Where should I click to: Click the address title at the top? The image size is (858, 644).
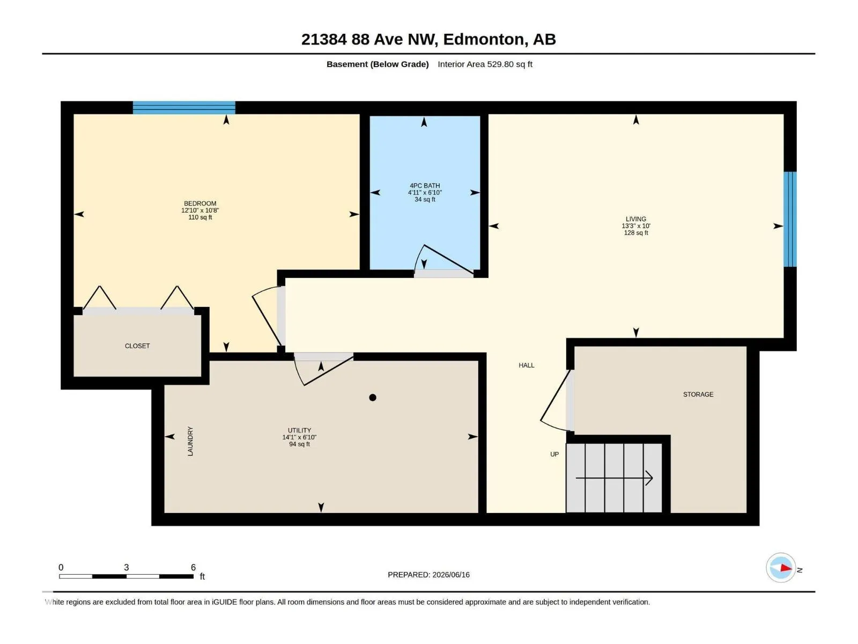[x=428, y=39]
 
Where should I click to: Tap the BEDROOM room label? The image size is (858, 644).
[x=200, y=203]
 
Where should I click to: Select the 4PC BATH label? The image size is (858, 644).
[x=425, y=186]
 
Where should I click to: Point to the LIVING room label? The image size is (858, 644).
[x=636, y=219]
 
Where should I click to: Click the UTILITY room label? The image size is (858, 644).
[x=299, y=430]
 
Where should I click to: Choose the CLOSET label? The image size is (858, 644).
[x=137, y=346]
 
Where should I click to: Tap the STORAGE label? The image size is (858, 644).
[x=698, y=394]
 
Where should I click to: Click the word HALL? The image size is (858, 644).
[x=527, y=365]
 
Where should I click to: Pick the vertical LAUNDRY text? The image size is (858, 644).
[x=190, y=441]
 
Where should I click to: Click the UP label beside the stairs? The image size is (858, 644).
[x=554, y=455]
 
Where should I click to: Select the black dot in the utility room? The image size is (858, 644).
[x=373, y=398]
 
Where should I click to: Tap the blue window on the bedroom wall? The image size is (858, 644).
[x=184, y=107]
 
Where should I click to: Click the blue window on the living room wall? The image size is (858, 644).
[x=790, y=219]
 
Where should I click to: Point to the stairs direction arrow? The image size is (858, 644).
[x=614, y=478]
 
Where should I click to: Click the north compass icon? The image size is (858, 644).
[x=781, y=568]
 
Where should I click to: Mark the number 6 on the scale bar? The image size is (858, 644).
[x=193, y=567]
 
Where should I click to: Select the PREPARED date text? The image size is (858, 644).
[x=428, y=575]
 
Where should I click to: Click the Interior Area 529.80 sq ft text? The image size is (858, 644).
[x=485, y=64]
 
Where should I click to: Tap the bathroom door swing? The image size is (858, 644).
[x=443, y=260]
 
